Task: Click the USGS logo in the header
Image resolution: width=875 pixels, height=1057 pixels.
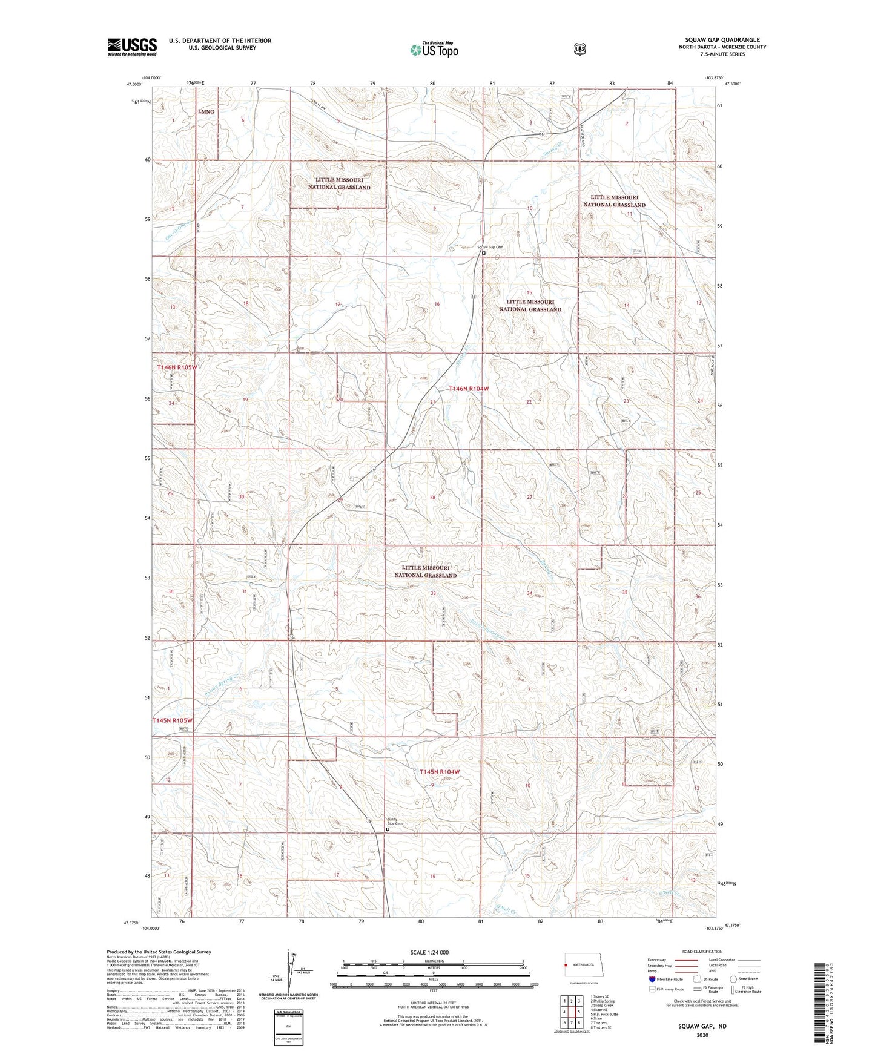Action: click(132, 47)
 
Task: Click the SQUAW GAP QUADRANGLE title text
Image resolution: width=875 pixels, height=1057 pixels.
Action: click(719, 40)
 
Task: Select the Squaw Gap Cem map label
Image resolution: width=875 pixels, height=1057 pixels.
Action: click(490, 247)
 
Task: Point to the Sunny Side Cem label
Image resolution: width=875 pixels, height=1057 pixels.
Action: click(395, 822)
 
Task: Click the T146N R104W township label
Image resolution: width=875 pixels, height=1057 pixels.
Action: click(468, 389)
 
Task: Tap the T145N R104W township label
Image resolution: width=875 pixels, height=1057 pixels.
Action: click(440, 772)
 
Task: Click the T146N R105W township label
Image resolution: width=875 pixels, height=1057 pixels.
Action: click(177, 367)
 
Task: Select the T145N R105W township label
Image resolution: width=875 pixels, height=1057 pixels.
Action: click(172, 720)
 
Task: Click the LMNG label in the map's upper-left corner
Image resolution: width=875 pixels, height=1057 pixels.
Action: click(206, 111)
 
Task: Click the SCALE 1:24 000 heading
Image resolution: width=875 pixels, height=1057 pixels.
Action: click(429, 952)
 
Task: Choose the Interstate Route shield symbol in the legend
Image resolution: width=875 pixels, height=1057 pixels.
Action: click(652, 979)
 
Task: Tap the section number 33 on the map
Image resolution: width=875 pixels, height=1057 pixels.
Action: click(433, 593)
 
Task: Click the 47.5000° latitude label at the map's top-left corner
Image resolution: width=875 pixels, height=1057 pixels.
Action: click(134, 85)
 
